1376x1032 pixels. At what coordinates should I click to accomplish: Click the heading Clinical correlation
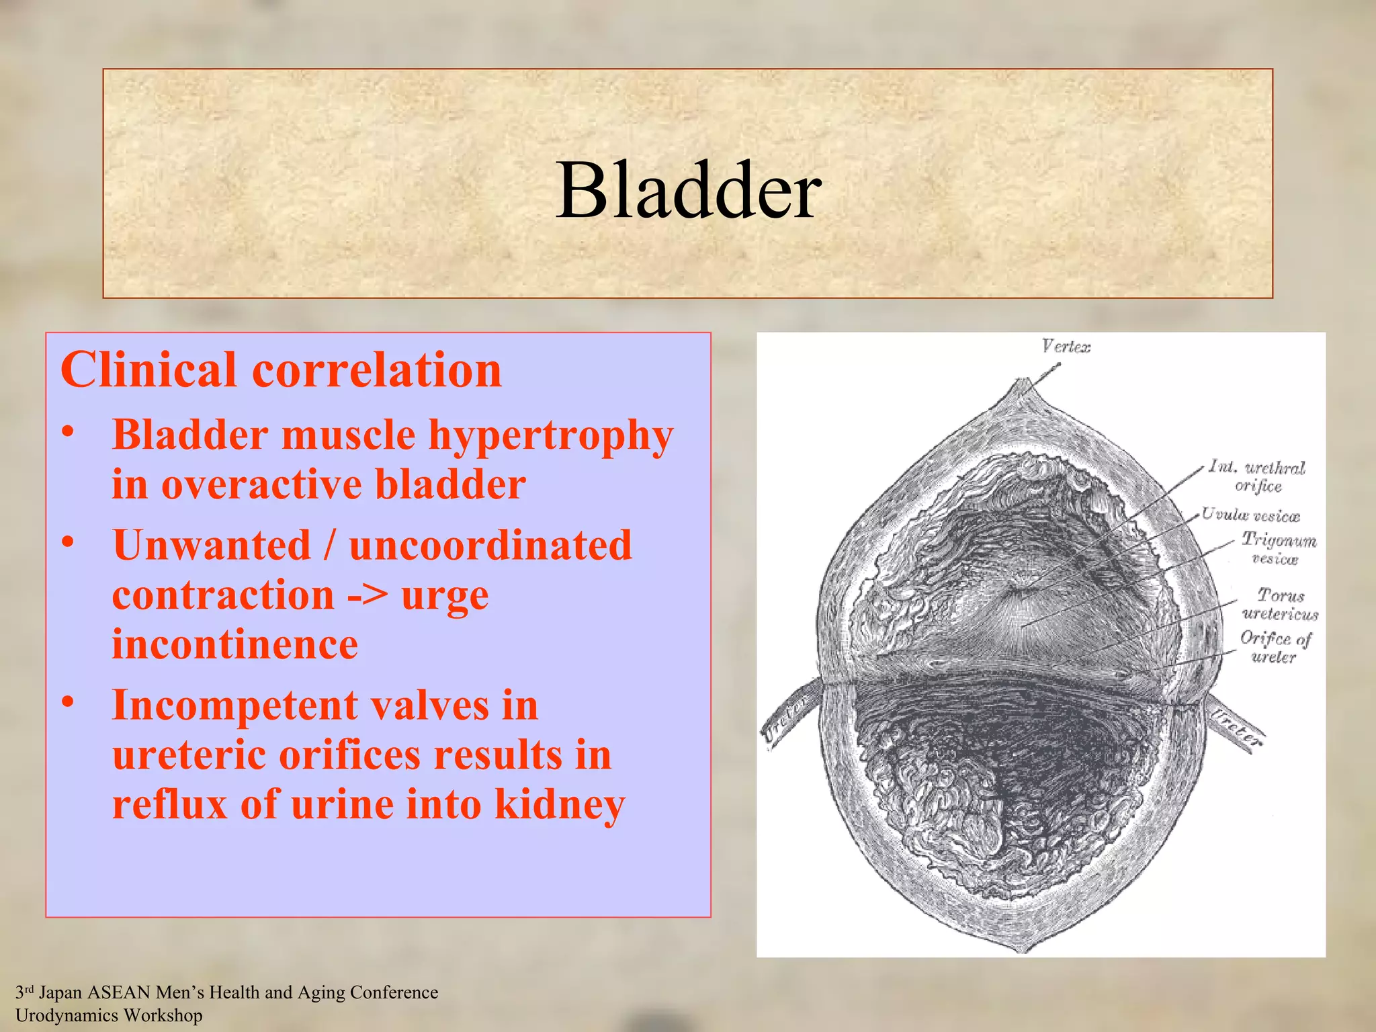point(281,370)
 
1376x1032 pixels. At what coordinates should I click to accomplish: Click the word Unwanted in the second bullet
point(211,545)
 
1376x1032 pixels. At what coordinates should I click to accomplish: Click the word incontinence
point(234,644)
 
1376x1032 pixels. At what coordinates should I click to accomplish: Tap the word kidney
point(559,804)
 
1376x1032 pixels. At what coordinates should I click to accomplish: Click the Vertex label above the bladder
point(1066,347)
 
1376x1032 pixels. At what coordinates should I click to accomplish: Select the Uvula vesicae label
point(1250,515)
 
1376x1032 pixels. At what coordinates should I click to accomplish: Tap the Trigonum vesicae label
point(1278,548)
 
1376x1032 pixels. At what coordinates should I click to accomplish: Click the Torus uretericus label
point(1280,603)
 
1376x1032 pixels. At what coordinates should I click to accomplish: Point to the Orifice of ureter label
point(1275,646)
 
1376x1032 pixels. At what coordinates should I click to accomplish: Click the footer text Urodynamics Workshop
point(109,1015)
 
